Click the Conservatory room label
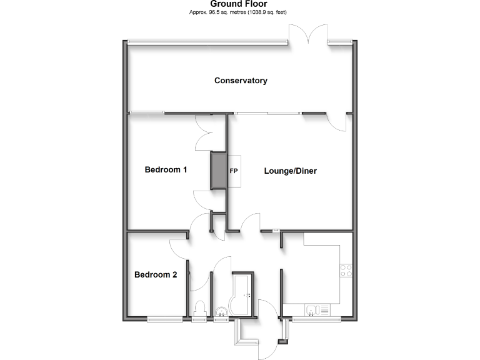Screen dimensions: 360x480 point(241,81)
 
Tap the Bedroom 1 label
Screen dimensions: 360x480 point(166,169)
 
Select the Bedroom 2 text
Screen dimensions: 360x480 point(156,274)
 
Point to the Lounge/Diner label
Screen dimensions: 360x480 point(290,171)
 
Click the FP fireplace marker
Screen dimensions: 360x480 point(234,170)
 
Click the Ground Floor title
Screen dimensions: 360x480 point(239,4)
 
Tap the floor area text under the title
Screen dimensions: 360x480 point(239,12)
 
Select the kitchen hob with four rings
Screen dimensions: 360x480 point(346,271)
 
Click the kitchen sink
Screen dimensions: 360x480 point(314,309)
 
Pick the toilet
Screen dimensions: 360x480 point(200,309)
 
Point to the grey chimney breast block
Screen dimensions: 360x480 point(218,170)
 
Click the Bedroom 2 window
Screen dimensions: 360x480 point(165,319)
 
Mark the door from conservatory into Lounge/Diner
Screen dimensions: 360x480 point(339,121)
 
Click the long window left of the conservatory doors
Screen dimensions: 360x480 point(207,42)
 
